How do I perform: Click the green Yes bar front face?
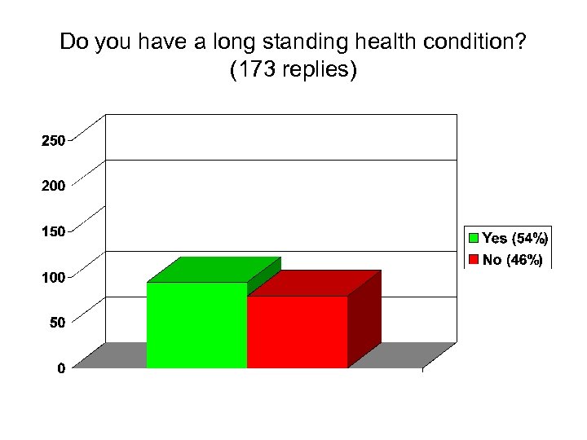(x=196, y=325)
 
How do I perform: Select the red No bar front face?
(x=298, y=332)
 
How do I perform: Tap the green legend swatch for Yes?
(x=473, y=239)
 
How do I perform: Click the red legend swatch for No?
(x=473, y=261)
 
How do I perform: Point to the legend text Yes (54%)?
(x=515, y=239)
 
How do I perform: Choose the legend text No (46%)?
(x=512, y=261)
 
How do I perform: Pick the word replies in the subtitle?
(x=316, y=71)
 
